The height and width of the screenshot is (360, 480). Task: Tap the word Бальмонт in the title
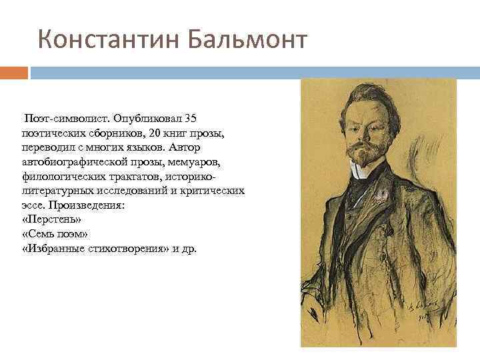tap(247, 40)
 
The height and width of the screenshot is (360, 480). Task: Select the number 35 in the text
tap(190, 119)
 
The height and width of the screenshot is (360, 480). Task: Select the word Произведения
tap(89, 205)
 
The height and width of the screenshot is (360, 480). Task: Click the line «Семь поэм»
tap(55, 235)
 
